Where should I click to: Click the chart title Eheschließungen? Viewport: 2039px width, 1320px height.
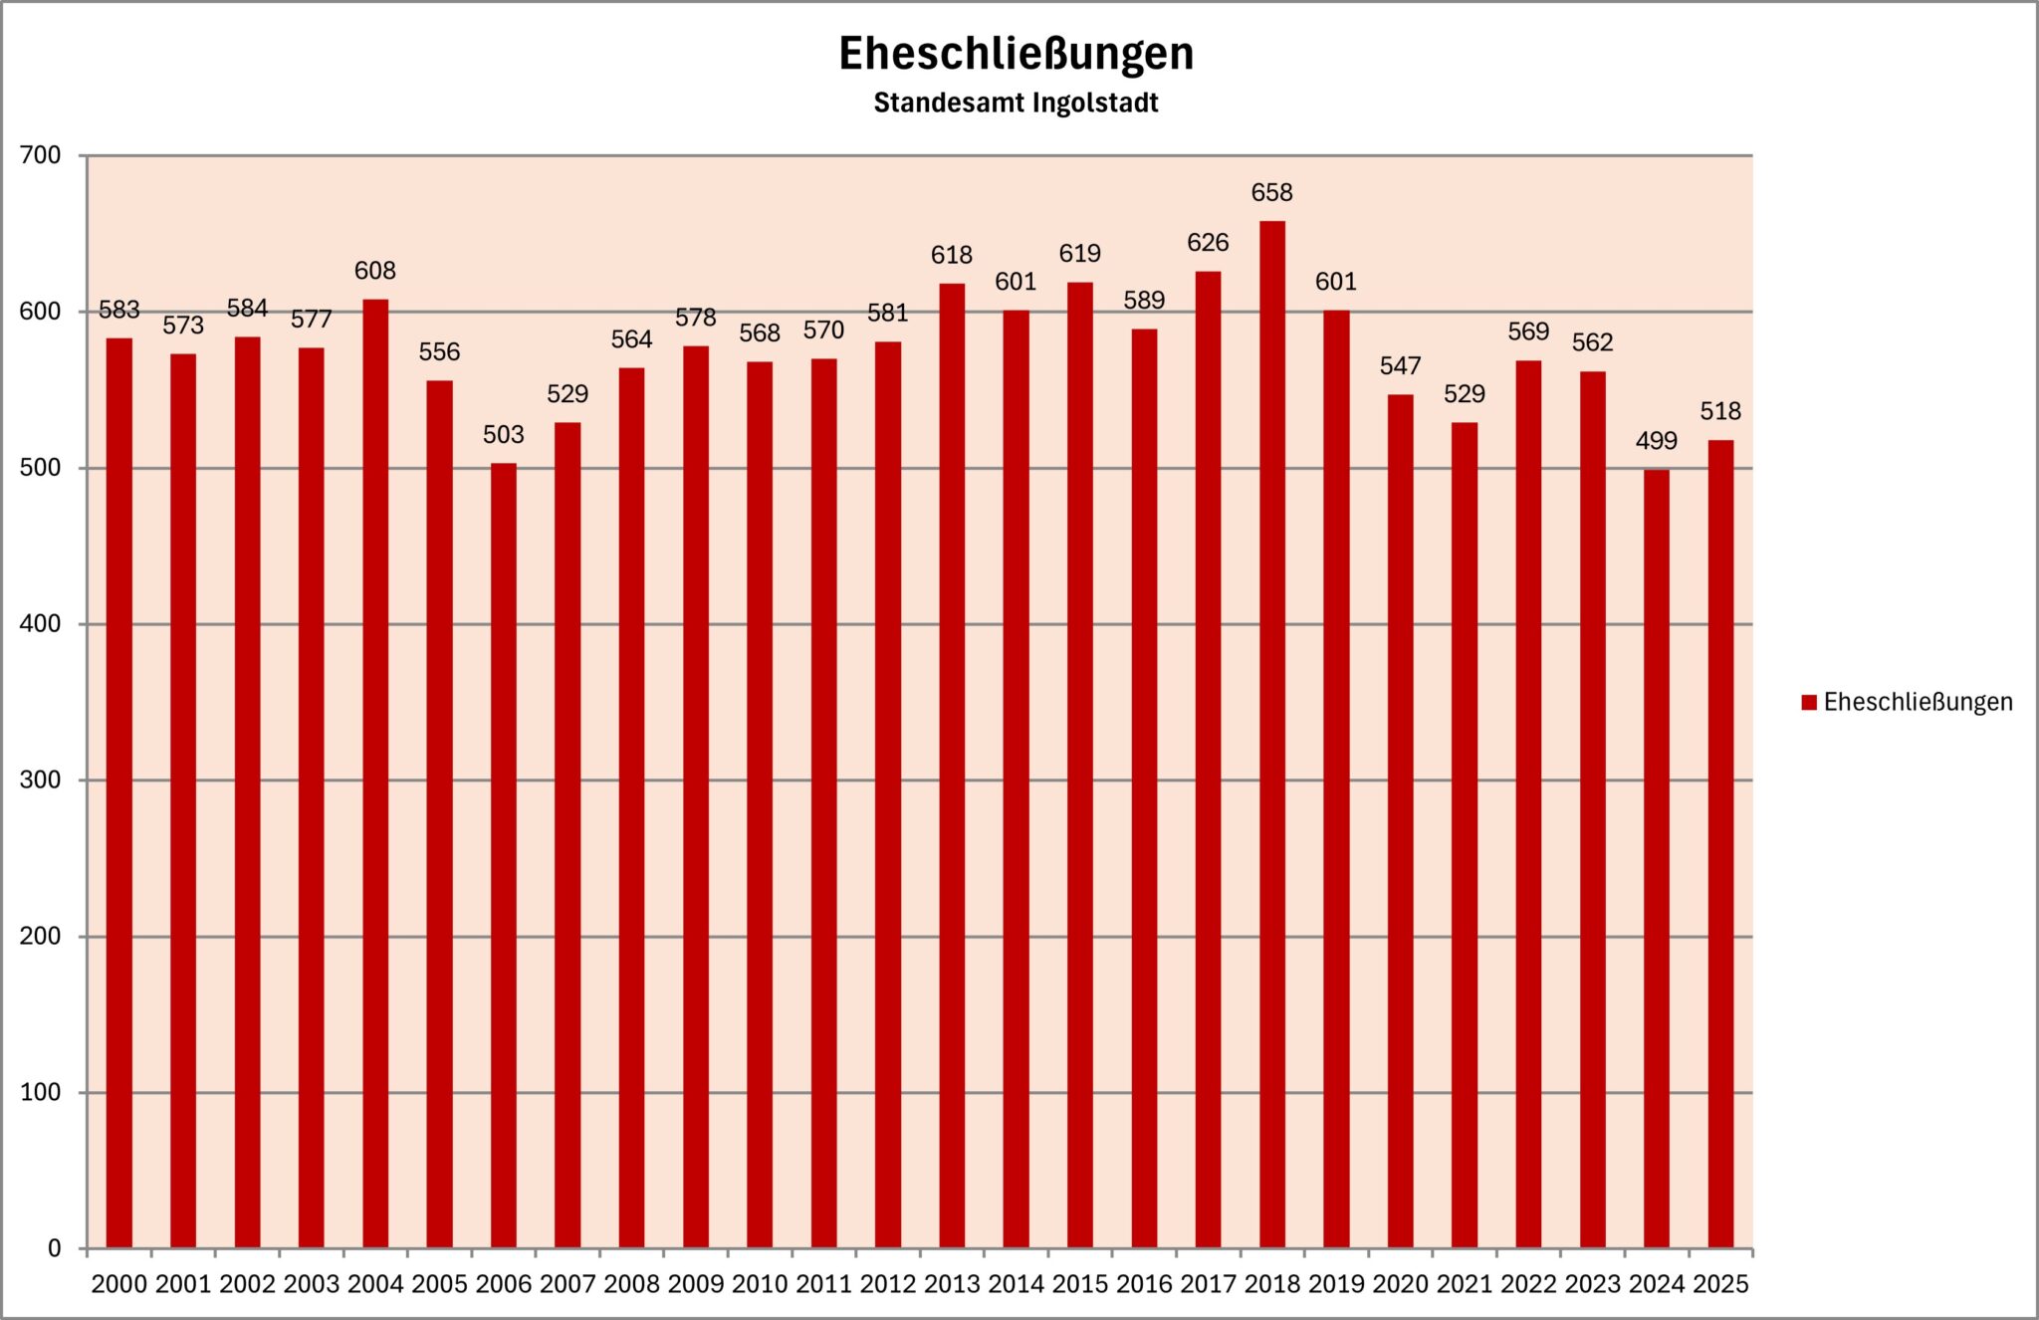pos(1016,54)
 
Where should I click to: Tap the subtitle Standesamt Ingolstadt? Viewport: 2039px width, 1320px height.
pos(1016,103)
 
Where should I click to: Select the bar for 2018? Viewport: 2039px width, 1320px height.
pos(1271,737)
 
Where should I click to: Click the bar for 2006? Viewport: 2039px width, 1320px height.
pos(504,856)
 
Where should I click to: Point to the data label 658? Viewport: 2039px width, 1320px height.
pos(1271,192)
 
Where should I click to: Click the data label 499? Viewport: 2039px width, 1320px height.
pos(1656,441)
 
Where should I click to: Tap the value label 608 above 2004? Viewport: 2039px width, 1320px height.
pos(375,271)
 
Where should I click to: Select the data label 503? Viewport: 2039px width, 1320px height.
pos(504,435)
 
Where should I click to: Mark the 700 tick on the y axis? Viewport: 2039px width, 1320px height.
pos(41,155)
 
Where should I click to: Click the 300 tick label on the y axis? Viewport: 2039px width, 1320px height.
pos(41,780)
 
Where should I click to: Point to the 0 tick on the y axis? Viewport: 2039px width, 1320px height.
pos(54,1248)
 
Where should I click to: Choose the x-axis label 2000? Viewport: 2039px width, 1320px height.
pos(119,1284)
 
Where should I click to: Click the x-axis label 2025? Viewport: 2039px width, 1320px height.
pos(1720,1284)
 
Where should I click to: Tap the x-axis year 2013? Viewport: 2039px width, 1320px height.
pos(952,1284)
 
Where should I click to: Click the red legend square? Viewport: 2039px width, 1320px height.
pos(1809,703)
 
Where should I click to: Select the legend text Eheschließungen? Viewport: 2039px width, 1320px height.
pos(1918,703)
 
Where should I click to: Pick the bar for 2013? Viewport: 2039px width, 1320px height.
pos(952,767)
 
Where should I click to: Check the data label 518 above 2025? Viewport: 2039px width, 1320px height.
pos(1720,411)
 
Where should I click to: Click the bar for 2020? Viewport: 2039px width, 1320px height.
pos(1400,821)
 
